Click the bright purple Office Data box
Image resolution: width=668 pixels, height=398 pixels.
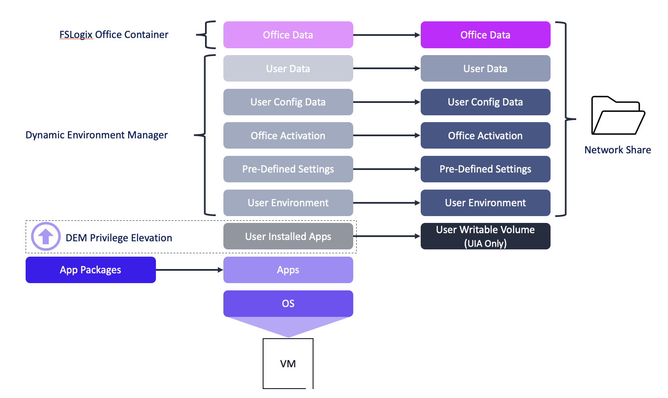click(485, 35)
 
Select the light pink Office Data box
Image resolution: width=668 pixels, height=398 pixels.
click(288, 35)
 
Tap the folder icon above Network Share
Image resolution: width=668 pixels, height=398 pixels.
click(618, 116)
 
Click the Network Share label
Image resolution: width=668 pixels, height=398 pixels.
click(618, 150)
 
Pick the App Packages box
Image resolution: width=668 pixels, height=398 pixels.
click(91, 270)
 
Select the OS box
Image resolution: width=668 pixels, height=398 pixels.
click(288, 303)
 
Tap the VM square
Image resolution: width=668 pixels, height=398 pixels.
click(288, 363)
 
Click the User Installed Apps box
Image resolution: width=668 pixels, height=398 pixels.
click(288, 236)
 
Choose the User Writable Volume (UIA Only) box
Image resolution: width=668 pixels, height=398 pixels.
click(485, 236)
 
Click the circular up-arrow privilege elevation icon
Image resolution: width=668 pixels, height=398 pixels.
click(46, 236)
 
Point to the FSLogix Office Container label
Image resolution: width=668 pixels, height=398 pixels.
click(114, 35)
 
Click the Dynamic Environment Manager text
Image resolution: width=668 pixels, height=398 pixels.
click(97, 135)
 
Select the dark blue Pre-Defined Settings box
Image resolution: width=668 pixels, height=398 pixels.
click(485, 169)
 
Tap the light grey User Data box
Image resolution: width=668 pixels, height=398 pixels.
click(288, 68)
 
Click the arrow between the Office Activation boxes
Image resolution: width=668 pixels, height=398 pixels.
click(387, 135)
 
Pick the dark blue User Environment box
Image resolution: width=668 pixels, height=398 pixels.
click(485, 203)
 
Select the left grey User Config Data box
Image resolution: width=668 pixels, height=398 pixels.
click(288, 102)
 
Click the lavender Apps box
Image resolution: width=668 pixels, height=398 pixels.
click(288, 270)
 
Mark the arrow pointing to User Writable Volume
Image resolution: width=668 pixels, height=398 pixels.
click(387, 236)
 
